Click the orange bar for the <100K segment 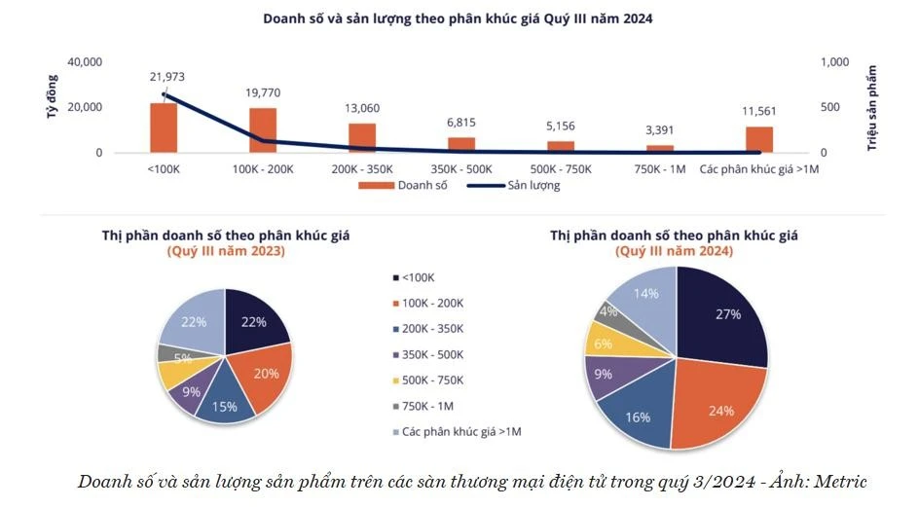pos(164,127)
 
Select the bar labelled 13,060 pos(362,137)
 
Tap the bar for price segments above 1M pos(759,139)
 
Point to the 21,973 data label pos(167,78)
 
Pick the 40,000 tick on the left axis pos(85,62)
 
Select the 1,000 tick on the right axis pos(836,62)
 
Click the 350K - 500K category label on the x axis pos(461,169)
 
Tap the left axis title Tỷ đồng pos(51,101)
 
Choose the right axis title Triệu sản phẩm pos(872,107)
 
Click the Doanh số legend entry pos(417,185)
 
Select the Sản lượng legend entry pos(533,185)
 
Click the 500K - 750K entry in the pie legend pos(432,380)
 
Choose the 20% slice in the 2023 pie pos(263,372)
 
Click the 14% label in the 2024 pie pos(645,292)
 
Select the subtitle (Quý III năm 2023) pos(226,251)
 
